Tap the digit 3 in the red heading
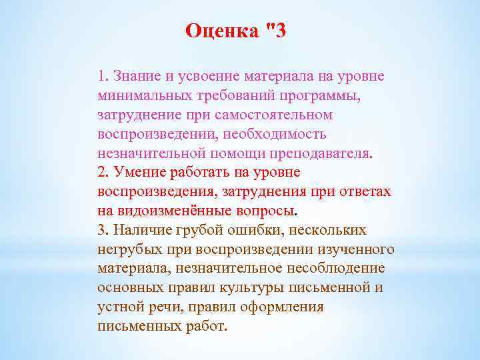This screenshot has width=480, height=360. pyautogui.click(x=279, y=31)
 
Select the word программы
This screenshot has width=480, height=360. pyautogui.click(x=318, y=94)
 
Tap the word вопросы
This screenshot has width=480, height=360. pyautogui.click(x=263, y=211)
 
